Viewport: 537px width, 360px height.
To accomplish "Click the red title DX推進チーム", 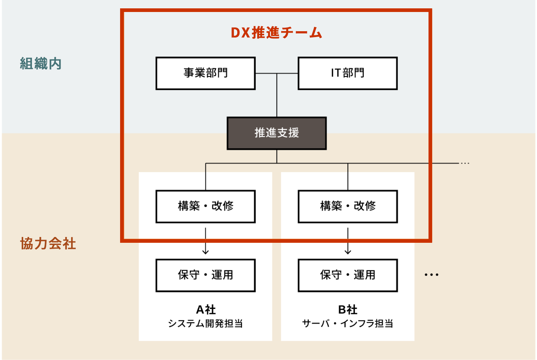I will [x=276, y=33].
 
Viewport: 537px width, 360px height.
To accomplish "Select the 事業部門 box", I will [x=205, y=73].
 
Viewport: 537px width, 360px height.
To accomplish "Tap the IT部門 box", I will [x=348, y=73].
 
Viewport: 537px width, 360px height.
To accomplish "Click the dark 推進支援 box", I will [x=276, y=133].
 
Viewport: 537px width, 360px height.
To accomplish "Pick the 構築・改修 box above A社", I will [x=205, y=206].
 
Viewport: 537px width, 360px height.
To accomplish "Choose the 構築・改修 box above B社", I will [x=348, y=206].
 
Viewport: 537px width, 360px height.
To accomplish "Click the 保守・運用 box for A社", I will [x=205, y=275].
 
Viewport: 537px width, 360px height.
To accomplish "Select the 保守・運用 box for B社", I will [x=348, y=275].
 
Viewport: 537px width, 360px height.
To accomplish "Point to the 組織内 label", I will [x=41, y=64].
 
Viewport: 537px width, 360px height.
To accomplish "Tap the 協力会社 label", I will [x=48, y=244].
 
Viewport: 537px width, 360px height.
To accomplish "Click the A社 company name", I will [x=206, y=310].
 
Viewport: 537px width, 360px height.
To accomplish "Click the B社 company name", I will [x=348, y=310].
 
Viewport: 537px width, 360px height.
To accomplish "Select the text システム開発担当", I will [x=205, y=323].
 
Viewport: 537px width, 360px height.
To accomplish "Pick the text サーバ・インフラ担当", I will [x=348, y=323].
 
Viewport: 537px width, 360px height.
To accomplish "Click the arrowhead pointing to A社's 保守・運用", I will [x=206, y=252].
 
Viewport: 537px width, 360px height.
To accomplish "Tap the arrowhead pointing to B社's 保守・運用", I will [x=348, y=252].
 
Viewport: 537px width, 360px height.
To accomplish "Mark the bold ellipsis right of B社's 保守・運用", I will [x=431, y=275].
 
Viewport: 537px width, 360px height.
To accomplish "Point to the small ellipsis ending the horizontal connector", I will [x=465, y=163].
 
